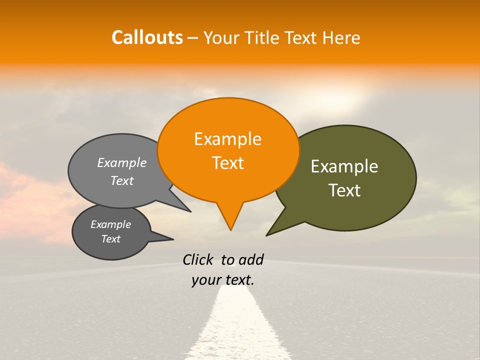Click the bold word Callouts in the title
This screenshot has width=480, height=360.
[x=147, y=37]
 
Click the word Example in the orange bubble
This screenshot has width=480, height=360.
[x=227, y=139]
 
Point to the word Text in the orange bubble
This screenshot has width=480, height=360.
[x=227, y=163]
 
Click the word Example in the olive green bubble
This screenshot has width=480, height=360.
[x=344, y=166]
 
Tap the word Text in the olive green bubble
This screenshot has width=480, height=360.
[x=344, y=190]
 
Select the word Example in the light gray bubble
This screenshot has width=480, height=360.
[x=121, y=163]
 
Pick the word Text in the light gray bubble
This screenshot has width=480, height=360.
[x=121, y=181]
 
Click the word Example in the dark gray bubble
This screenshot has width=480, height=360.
[x=110, y=224]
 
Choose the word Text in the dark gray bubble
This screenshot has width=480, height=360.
[x=110, y=239]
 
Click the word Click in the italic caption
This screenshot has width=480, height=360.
[x=198, y=259]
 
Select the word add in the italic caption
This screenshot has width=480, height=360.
[x=251, y=259]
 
